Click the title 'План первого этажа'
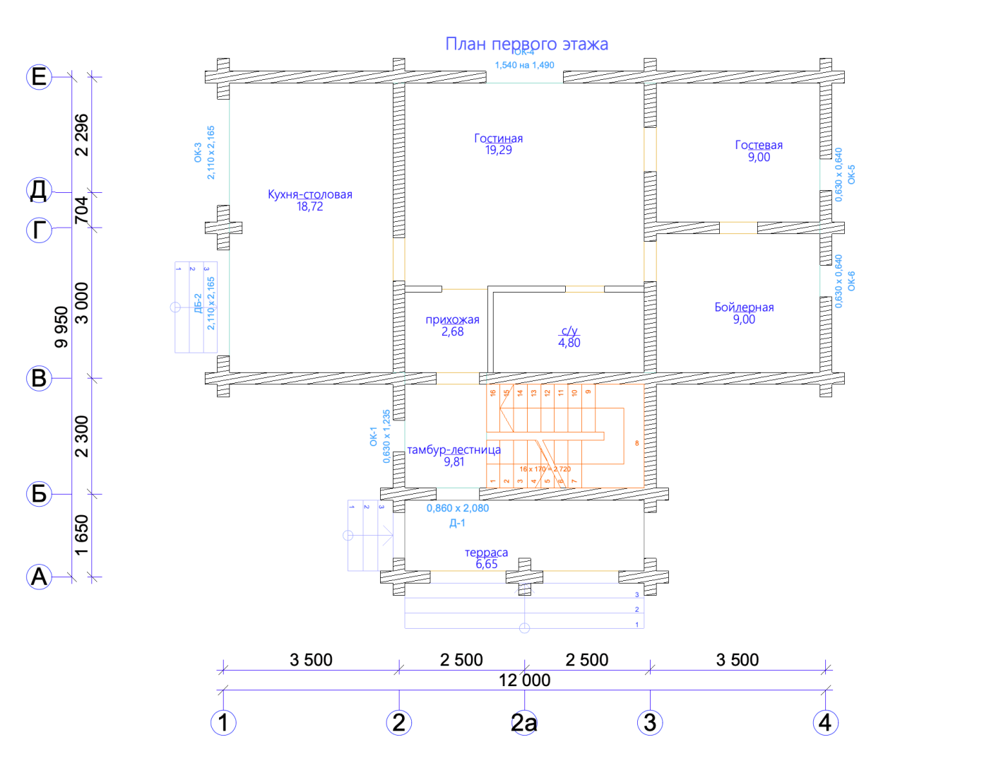pyautogui.click(x=526, y=44)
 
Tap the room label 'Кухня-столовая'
pyautogui.click(x=309, y=194)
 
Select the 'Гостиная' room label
pyautogui.click(x=498, y=139)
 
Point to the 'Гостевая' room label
pyautogui.click(x=759, y=145)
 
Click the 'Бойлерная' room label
pyautogui.click(x=744, y=307)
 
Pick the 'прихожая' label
pyautogui.click(x=452, y=319)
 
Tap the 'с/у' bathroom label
pyautogui.click(x=569, y=331)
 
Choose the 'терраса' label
pyautogui.click(x=486, y=553)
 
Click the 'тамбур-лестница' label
pyautogui.click(x=454, y=449)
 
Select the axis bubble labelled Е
pyautogui.click(x=39, y=76)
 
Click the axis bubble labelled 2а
pyautogui.click(x=524, y=722)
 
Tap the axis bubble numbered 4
pyautogui.click(x=824, y=722)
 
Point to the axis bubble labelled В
pyautogui.click(x=39, y=378)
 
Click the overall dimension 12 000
pyautogui.click(x=524, y=680)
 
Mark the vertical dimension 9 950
pyautogui.click(x=62, y=326)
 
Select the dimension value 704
pyautogui.click(x=82, y=210)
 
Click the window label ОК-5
pyautogui.click(x=851, y=175)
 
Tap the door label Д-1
pyautogui.click(x=457, y=523)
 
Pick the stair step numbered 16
pyautogui.click(x=493, y=393)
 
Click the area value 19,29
pyautogui.click(x=498, y=150)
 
